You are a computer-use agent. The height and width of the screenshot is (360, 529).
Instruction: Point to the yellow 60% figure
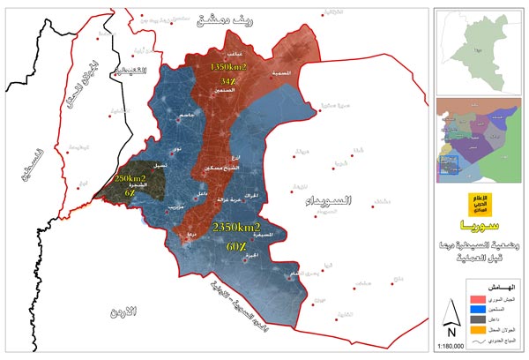click(x=235, y=247)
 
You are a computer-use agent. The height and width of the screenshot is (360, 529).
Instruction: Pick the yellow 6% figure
click(x=130, y=192)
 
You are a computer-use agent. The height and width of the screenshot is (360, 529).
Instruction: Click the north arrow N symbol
click(x=451, y=322)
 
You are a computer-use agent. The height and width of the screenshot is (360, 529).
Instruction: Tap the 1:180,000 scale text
click(x=451, y=348)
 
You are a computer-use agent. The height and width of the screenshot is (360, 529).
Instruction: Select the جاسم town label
click(x=187, y=118)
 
